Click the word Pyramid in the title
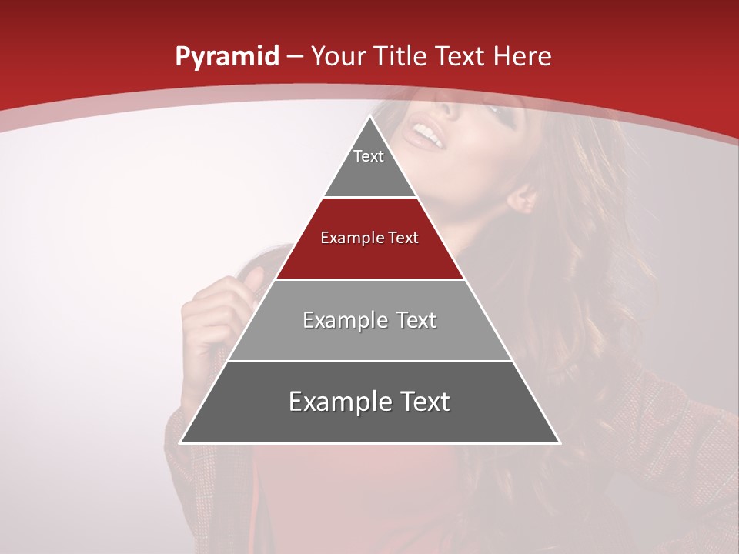[x=226, y=57]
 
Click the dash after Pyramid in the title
[x=295, y=57]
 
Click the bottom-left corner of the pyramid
[x=182, y=442]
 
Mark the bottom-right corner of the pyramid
[x=559, y=442]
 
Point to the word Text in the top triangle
[x=369, y=156]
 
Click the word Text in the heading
[x=460, y=56]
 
